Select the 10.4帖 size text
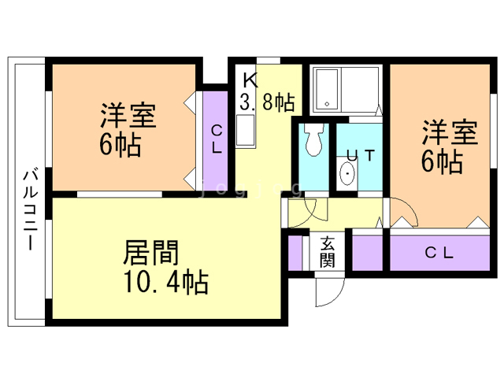[x=165, y=281]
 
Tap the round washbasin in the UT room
[x=347, y=174]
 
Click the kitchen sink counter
[x=246, y=131]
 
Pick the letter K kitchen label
[x=250, y=80]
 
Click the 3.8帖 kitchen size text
[x=267, y=102]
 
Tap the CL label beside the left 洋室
[x=216, y=139]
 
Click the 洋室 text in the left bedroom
[x=128, y=116]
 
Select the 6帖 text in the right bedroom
[x=441, y=162]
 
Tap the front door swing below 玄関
[x=329, y=291]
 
